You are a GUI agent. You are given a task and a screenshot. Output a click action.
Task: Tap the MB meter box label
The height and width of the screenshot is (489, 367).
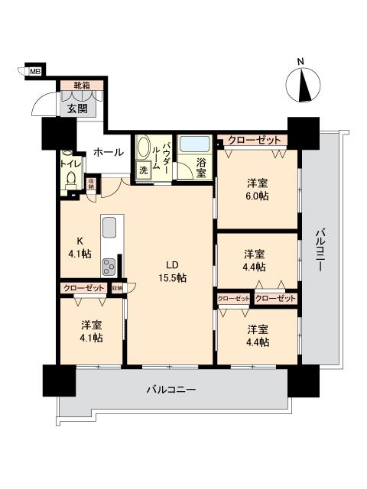coord(35,72)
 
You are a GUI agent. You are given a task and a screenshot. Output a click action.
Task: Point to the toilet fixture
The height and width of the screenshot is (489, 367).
coord(70,178)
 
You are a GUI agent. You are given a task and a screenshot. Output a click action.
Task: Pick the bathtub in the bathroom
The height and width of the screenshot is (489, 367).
coord(196,144)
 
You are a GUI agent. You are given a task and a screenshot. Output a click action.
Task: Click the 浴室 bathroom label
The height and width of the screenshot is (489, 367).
coord(201,167)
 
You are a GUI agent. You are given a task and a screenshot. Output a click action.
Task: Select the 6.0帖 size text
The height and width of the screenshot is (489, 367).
coord(256,196)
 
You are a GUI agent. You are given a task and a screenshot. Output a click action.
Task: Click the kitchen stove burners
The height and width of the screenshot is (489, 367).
coord(109,267)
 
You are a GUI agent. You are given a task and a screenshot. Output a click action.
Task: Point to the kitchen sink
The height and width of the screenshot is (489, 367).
coord(109,228)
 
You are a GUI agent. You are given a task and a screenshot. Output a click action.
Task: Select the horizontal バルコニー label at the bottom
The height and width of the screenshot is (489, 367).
coord(171,390)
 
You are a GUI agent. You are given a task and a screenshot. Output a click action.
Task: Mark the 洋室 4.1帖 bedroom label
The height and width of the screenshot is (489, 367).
coord(91,331)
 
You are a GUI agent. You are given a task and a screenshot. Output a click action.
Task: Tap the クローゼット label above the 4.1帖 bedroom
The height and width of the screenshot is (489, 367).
coord(83,288)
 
